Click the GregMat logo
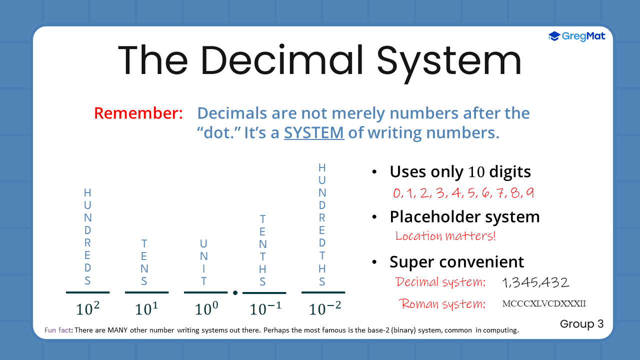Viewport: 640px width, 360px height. (x=576, y=36)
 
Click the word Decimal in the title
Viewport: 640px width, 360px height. (x=283, y=60)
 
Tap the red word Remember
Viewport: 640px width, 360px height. (x=138, y=113)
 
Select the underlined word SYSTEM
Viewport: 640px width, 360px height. (x=314, y=133)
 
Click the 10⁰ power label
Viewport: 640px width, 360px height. (x=206, y=308)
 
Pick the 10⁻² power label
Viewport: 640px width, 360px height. (x=325, y=308)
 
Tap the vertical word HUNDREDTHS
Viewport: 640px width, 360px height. (x=322, y=224)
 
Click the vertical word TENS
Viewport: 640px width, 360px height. (x=144, y=262)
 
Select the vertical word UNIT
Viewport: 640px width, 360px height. (x=203, y=262)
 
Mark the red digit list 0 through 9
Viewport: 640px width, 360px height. (x=463, y=193)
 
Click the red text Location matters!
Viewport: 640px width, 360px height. (x=445, y=236)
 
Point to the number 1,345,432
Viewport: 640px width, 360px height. (x=535, y=283)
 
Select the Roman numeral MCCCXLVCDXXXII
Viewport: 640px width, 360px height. (x=544, y=303)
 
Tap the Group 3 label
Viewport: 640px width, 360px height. (x=581, y=324)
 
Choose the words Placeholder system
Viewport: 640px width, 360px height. (x=464, y=217)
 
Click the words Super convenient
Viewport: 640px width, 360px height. (x=457, y=262)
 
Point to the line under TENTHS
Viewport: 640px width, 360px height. (x=264, y=293)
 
